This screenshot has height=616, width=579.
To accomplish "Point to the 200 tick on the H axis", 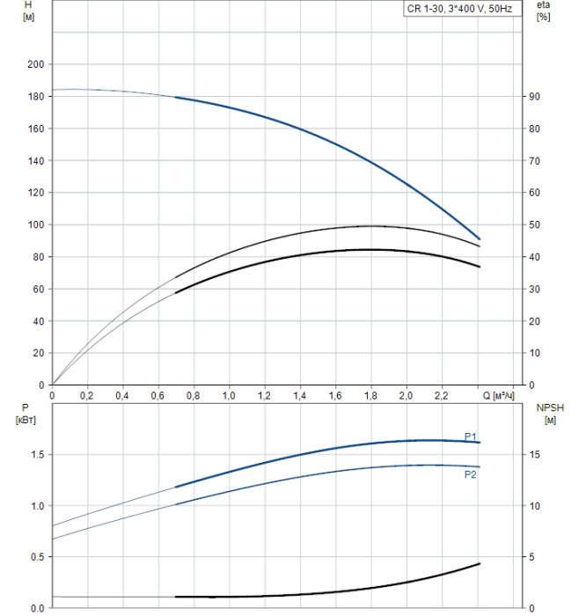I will [x=35, y=64].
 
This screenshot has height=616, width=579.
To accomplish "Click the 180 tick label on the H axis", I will [x=35, y=97].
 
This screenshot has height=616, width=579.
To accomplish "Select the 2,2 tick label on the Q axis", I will [x=442, y=396].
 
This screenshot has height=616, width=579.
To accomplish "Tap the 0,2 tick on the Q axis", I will [x=87, y=396].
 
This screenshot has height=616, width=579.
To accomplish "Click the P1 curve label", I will [x=471, y=436].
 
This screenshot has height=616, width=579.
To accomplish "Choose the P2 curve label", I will [x=471, y=474].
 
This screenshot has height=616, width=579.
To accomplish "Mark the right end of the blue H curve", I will [x=480, y=238].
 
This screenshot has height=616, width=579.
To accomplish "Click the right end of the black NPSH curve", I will [x=480, y=563].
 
